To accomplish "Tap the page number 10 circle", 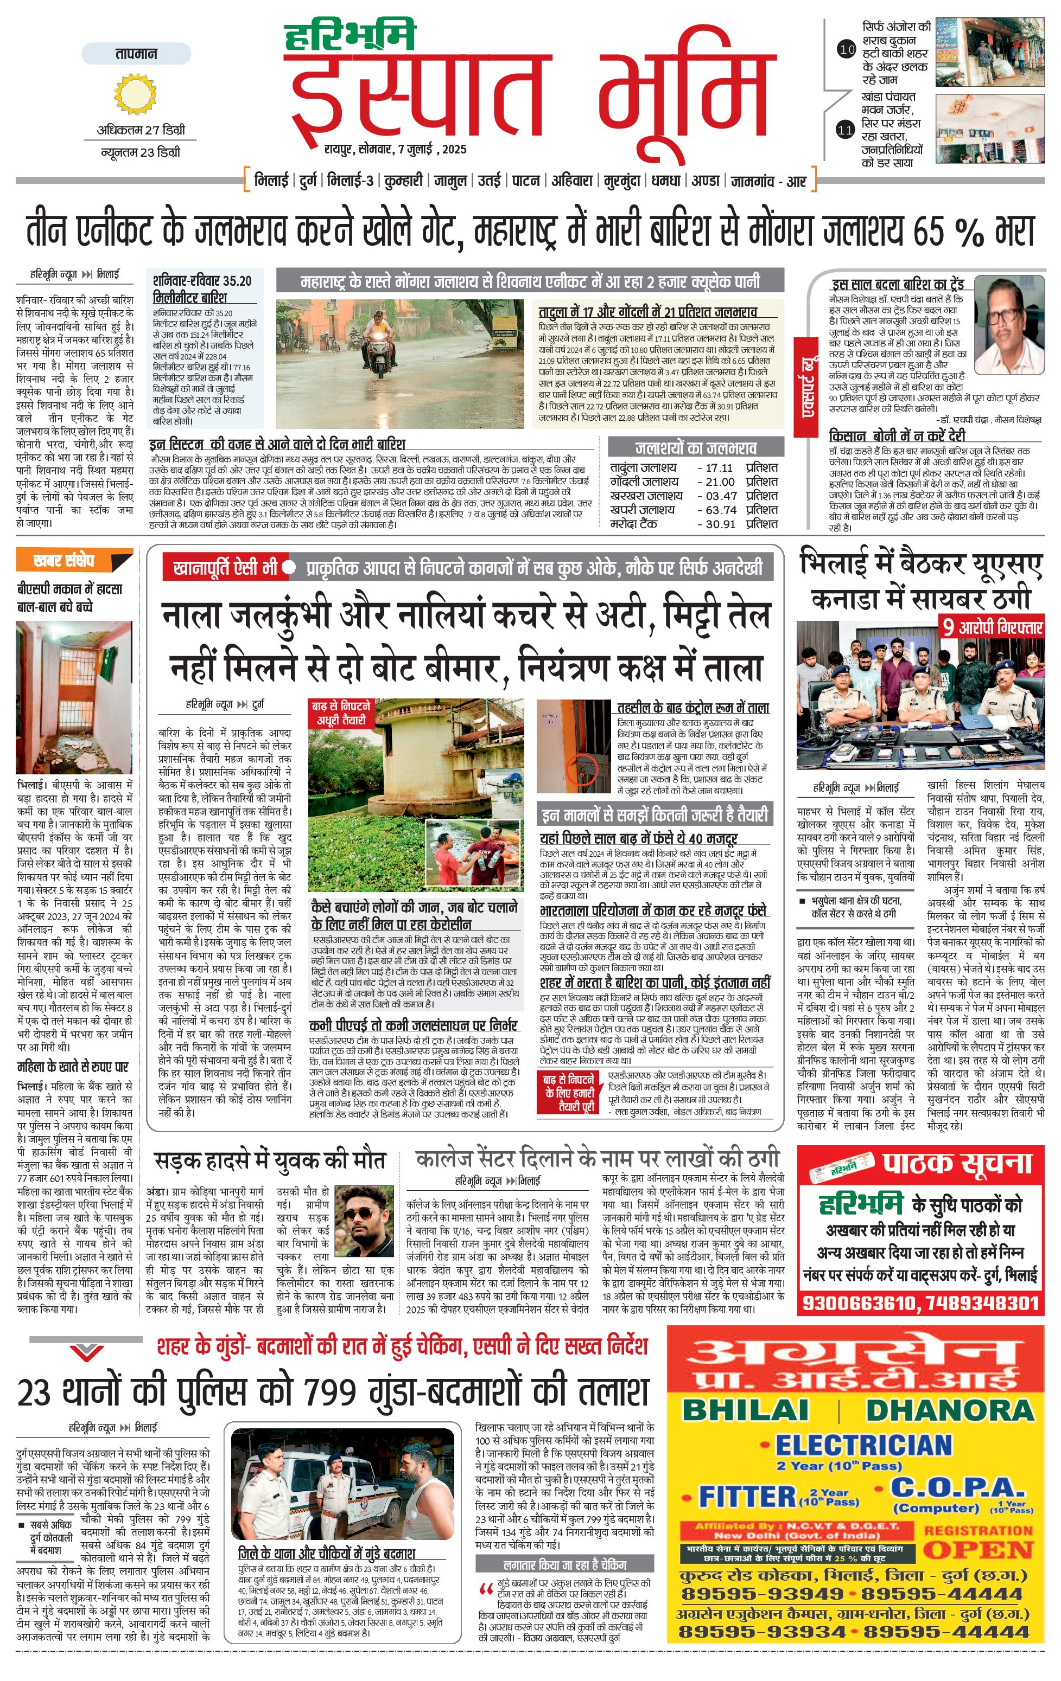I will pyautogui.click(x=847, y=49).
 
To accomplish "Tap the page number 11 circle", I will pyautogui.click(x=846, y=129).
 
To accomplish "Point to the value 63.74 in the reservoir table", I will pyautogui.click(x=720, y=510).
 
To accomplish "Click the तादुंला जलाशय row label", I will pyautogui.click(x=643, y=468).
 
